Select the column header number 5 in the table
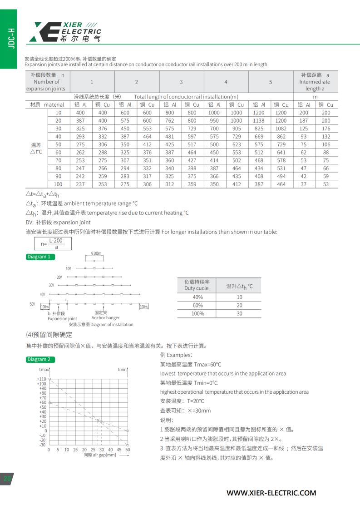pyautogui.click(x=271, y=82)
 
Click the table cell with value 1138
pyautogui.click(x=259, y=120)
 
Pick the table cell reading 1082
pyautogui.click(x=281, y=129)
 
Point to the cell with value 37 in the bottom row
pyautogui.click(x=304, y=184)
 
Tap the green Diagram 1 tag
pyautogui.click(x=40, y=257)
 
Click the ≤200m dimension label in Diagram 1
pyautogui.click(x=96, y=253)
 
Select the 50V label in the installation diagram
pyautogui.click(x=32, y=304)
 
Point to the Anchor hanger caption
pyautogui.click(x=105, y=318)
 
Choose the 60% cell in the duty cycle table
pyautogui.click(x=197, y=305)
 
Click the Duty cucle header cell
pyautogui.click(x=197, y=285)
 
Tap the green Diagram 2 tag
pyautogui.click(x=40, y=359)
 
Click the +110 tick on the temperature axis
pyautogui.click(x=42, y=379)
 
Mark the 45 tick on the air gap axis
pyautogui.click(x=119, y=450)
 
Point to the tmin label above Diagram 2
pyautogui.click(x=122, y=370)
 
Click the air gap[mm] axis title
pyautogui.click(x=100, y=455)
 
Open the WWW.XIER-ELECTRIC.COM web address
pyautogui.click(x=271, y=493)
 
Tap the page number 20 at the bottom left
pyautogui.click(x=7, y=479)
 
